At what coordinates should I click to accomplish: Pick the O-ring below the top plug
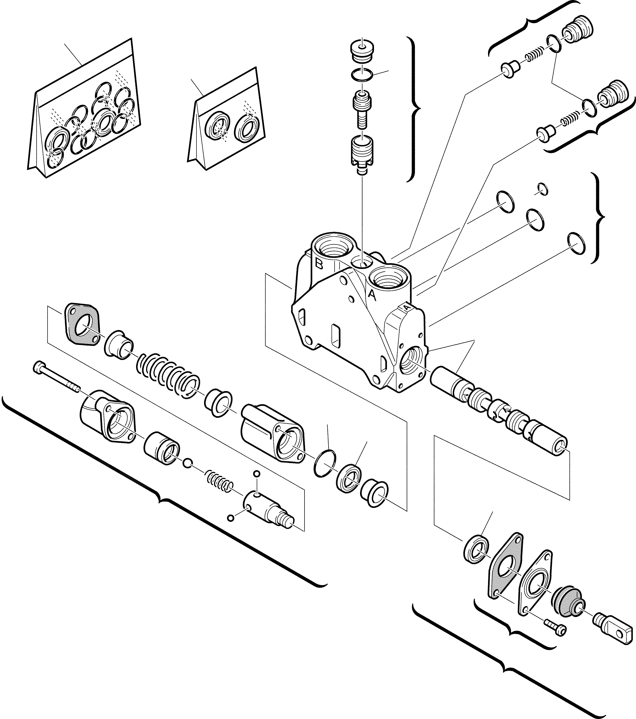[x=362, y=75]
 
